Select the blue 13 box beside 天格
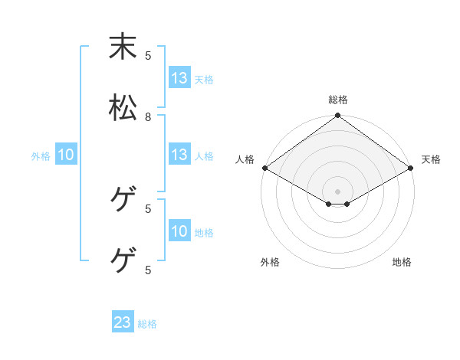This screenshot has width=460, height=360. click(179, 78)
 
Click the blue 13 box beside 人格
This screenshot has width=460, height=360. click(179, 155)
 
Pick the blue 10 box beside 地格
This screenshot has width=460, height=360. click(179, 231)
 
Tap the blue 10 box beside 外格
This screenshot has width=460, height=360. click(66, 155)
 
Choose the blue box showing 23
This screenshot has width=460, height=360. click(123, 322)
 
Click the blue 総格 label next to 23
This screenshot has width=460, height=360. click(148, 324)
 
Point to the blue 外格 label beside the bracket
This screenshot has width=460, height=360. click(41, 156)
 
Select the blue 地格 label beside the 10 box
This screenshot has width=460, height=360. click(204, 233)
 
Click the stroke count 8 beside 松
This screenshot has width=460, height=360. click(148, 117)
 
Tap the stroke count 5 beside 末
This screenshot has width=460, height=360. click(148, 55)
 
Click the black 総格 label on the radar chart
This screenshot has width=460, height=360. click(338, 100)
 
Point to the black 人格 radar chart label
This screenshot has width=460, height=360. click(245, 159)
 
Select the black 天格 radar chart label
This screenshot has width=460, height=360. click(431, 159)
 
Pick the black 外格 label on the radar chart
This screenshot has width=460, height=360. click(270, 262)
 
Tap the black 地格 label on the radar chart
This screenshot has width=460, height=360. click(402, 262)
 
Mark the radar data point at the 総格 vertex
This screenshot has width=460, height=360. click(338, 116)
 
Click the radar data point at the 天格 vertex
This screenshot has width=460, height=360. click(412, 168)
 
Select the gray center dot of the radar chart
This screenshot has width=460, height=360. click(338, 191)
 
